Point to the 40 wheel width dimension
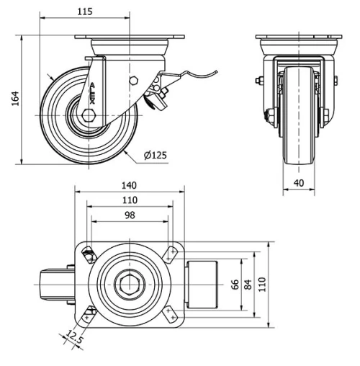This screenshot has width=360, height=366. [x=297, y=183]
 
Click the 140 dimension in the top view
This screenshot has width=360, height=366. [x=130, y=185]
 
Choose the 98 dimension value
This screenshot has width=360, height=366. [x=130, y=216]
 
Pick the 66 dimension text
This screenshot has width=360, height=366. [x=235, y=284]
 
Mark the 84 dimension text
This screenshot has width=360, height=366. [x=248, y=284]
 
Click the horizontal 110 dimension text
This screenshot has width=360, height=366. [x=130, y=200]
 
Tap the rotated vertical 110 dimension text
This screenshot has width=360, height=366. [x=263, y=284]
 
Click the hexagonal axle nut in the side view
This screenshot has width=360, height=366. [x=89, y=116]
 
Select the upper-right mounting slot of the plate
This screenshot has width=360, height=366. [x=171, y=251]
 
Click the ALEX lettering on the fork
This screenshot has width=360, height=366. [x=91, y=94]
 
